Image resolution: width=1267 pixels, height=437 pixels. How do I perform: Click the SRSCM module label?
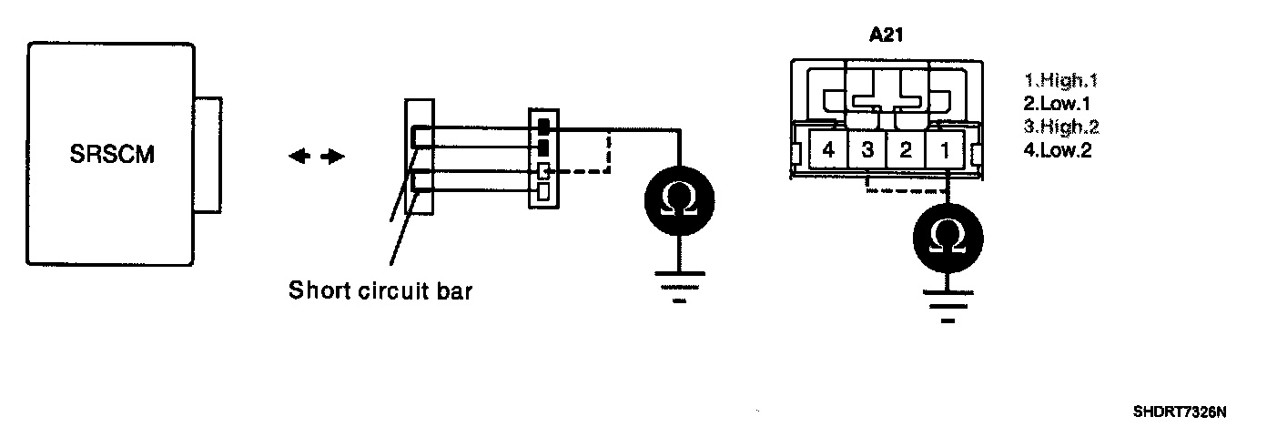(x=112, y=155)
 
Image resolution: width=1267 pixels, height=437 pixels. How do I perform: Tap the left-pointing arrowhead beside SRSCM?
(x=298, y=157)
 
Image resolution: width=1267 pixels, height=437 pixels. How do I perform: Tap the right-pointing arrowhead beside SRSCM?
(x=336, y=157)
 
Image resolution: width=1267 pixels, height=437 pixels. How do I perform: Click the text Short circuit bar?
(x=380, y=291)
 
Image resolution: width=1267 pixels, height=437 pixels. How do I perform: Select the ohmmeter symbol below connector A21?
(x=946, y=236)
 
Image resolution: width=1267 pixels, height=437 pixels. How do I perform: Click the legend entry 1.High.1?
(x=1060, y=80)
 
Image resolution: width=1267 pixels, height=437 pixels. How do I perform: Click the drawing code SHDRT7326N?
(x=1179, y=412)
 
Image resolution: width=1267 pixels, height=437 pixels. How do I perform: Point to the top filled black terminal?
(x=544, y=126)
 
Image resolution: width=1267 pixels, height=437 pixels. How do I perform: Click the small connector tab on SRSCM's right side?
(x=209, y=155)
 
